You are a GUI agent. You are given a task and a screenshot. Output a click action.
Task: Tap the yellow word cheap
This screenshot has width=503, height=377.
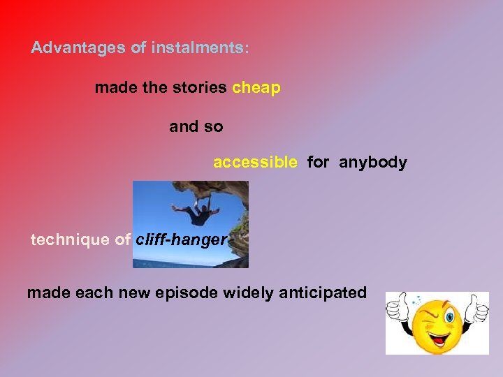(256, 88)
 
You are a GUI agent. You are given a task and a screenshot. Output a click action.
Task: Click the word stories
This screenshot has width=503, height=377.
(201, 88)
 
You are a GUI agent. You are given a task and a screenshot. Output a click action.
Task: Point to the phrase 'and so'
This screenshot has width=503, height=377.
(196, 127)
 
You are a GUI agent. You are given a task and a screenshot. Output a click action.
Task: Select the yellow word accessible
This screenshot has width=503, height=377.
(255, 163)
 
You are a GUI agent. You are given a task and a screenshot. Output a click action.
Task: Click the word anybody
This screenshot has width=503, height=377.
(373, 163)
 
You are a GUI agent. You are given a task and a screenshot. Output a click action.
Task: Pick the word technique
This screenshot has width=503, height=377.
(70, 240)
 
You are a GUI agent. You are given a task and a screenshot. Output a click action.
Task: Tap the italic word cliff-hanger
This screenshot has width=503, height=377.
(182, 240)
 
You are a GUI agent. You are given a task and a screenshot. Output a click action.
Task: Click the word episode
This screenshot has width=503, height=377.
(190, 293)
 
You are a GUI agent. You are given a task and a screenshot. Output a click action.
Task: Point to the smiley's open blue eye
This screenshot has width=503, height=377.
(449, 318)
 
